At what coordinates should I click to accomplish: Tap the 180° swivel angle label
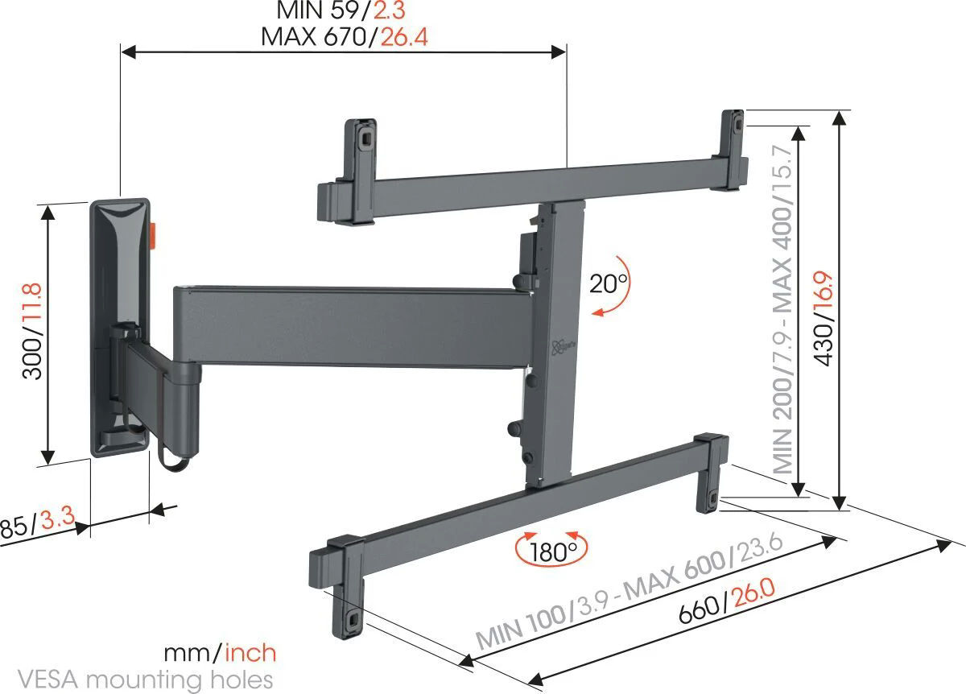(x=552, y=552)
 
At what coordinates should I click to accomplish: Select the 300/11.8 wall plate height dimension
(x=31, y=331)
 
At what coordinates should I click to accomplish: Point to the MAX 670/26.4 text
(x=343, y=37)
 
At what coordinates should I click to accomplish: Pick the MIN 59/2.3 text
(x=343, y=11)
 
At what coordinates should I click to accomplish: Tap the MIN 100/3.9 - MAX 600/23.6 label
(x=630, y=591)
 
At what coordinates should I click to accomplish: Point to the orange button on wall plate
(x=154, y=231)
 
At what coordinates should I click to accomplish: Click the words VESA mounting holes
(x=137, y=679)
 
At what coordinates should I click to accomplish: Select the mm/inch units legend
(x=219, y=652)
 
